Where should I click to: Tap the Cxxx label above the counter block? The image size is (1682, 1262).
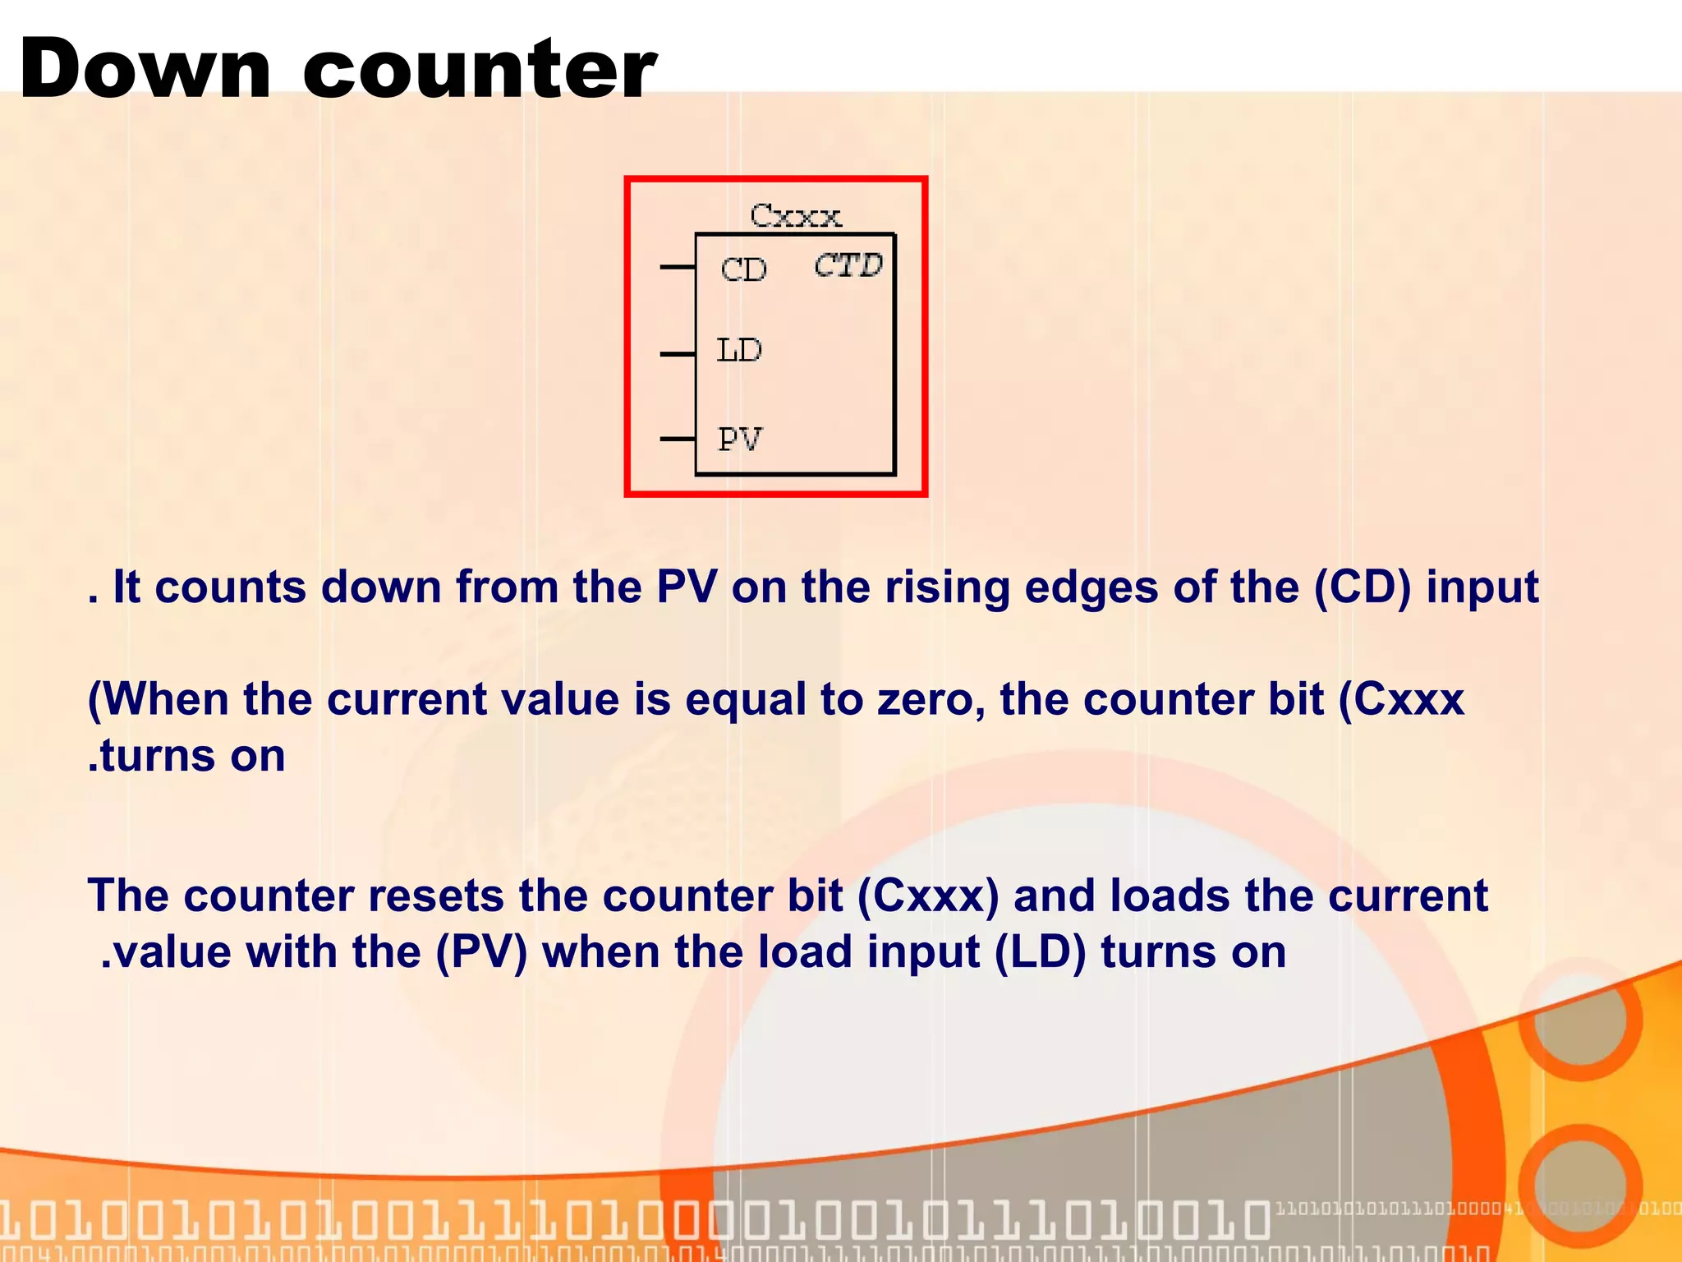[x=795, y=216]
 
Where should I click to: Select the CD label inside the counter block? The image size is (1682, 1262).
[x=743, y=269]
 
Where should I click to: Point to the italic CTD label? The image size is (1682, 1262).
[x=848, y=265]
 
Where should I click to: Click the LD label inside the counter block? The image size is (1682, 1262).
[x=739, y=351]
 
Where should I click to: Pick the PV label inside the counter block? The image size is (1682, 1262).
[x=739, y=440]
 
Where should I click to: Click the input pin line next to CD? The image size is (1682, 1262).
[x=678, y=267]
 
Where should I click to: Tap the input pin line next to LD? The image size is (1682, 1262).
[x=678, y=354]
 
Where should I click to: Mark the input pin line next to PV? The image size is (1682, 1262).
[x=678, y=440]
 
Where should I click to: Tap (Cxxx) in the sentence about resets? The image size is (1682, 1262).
[x=928, y=896]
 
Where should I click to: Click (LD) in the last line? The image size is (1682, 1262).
[x=1040, y=953]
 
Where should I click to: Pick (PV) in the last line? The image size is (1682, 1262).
[x=481, y=953]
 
